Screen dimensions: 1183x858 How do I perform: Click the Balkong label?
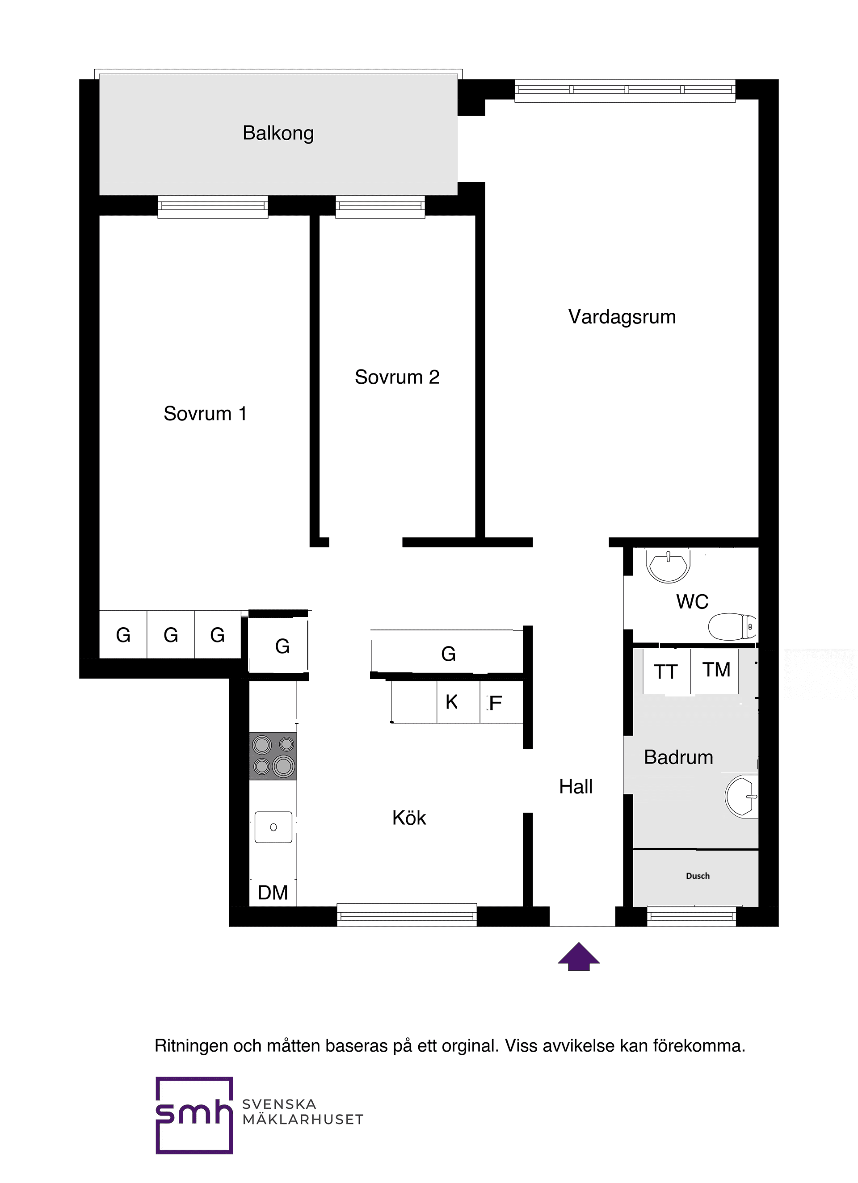point(278,134)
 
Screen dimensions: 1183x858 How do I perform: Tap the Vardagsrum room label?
point(622,317)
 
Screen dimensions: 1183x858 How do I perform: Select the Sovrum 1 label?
point(205,414)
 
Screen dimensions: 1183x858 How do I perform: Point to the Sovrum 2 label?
point(397,377)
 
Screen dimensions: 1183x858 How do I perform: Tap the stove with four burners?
point(273,756)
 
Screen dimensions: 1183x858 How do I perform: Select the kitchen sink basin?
point(273,827)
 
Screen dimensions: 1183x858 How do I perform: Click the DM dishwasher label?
point(273,893)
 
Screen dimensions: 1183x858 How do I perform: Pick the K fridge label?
point(451,703)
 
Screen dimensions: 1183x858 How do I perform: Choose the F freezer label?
point(495,704)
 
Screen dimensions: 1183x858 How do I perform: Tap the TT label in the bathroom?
point(665,672)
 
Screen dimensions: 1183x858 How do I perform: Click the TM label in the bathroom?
point(716,670)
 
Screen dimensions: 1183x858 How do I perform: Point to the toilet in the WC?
point(732,626)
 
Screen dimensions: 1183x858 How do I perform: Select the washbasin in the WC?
point(668,564)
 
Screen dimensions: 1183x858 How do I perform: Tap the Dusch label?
point(697,876)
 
